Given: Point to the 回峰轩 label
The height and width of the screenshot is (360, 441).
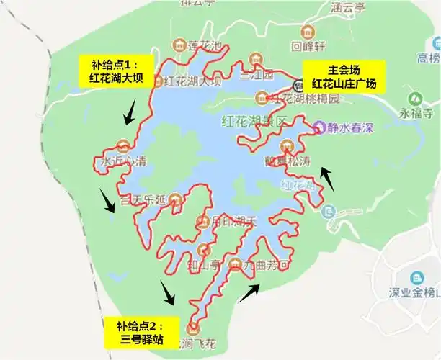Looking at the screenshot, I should (309, 48).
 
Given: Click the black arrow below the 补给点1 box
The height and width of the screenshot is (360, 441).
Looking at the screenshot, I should (130, 111).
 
